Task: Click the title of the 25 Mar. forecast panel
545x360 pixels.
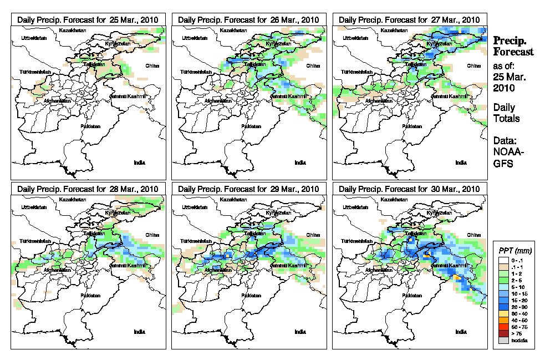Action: click(83, 19)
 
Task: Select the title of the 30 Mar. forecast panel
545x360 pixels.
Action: click(409, 189)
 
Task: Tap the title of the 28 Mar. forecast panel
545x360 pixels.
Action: click(83, 189)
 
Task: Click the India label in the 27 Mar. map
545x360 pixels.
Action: click(461, 163)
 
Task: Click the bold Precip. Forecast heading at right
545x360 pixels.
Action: click(513, 46)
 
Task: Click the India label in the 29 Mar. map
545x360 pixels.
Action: click(300, 332)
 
